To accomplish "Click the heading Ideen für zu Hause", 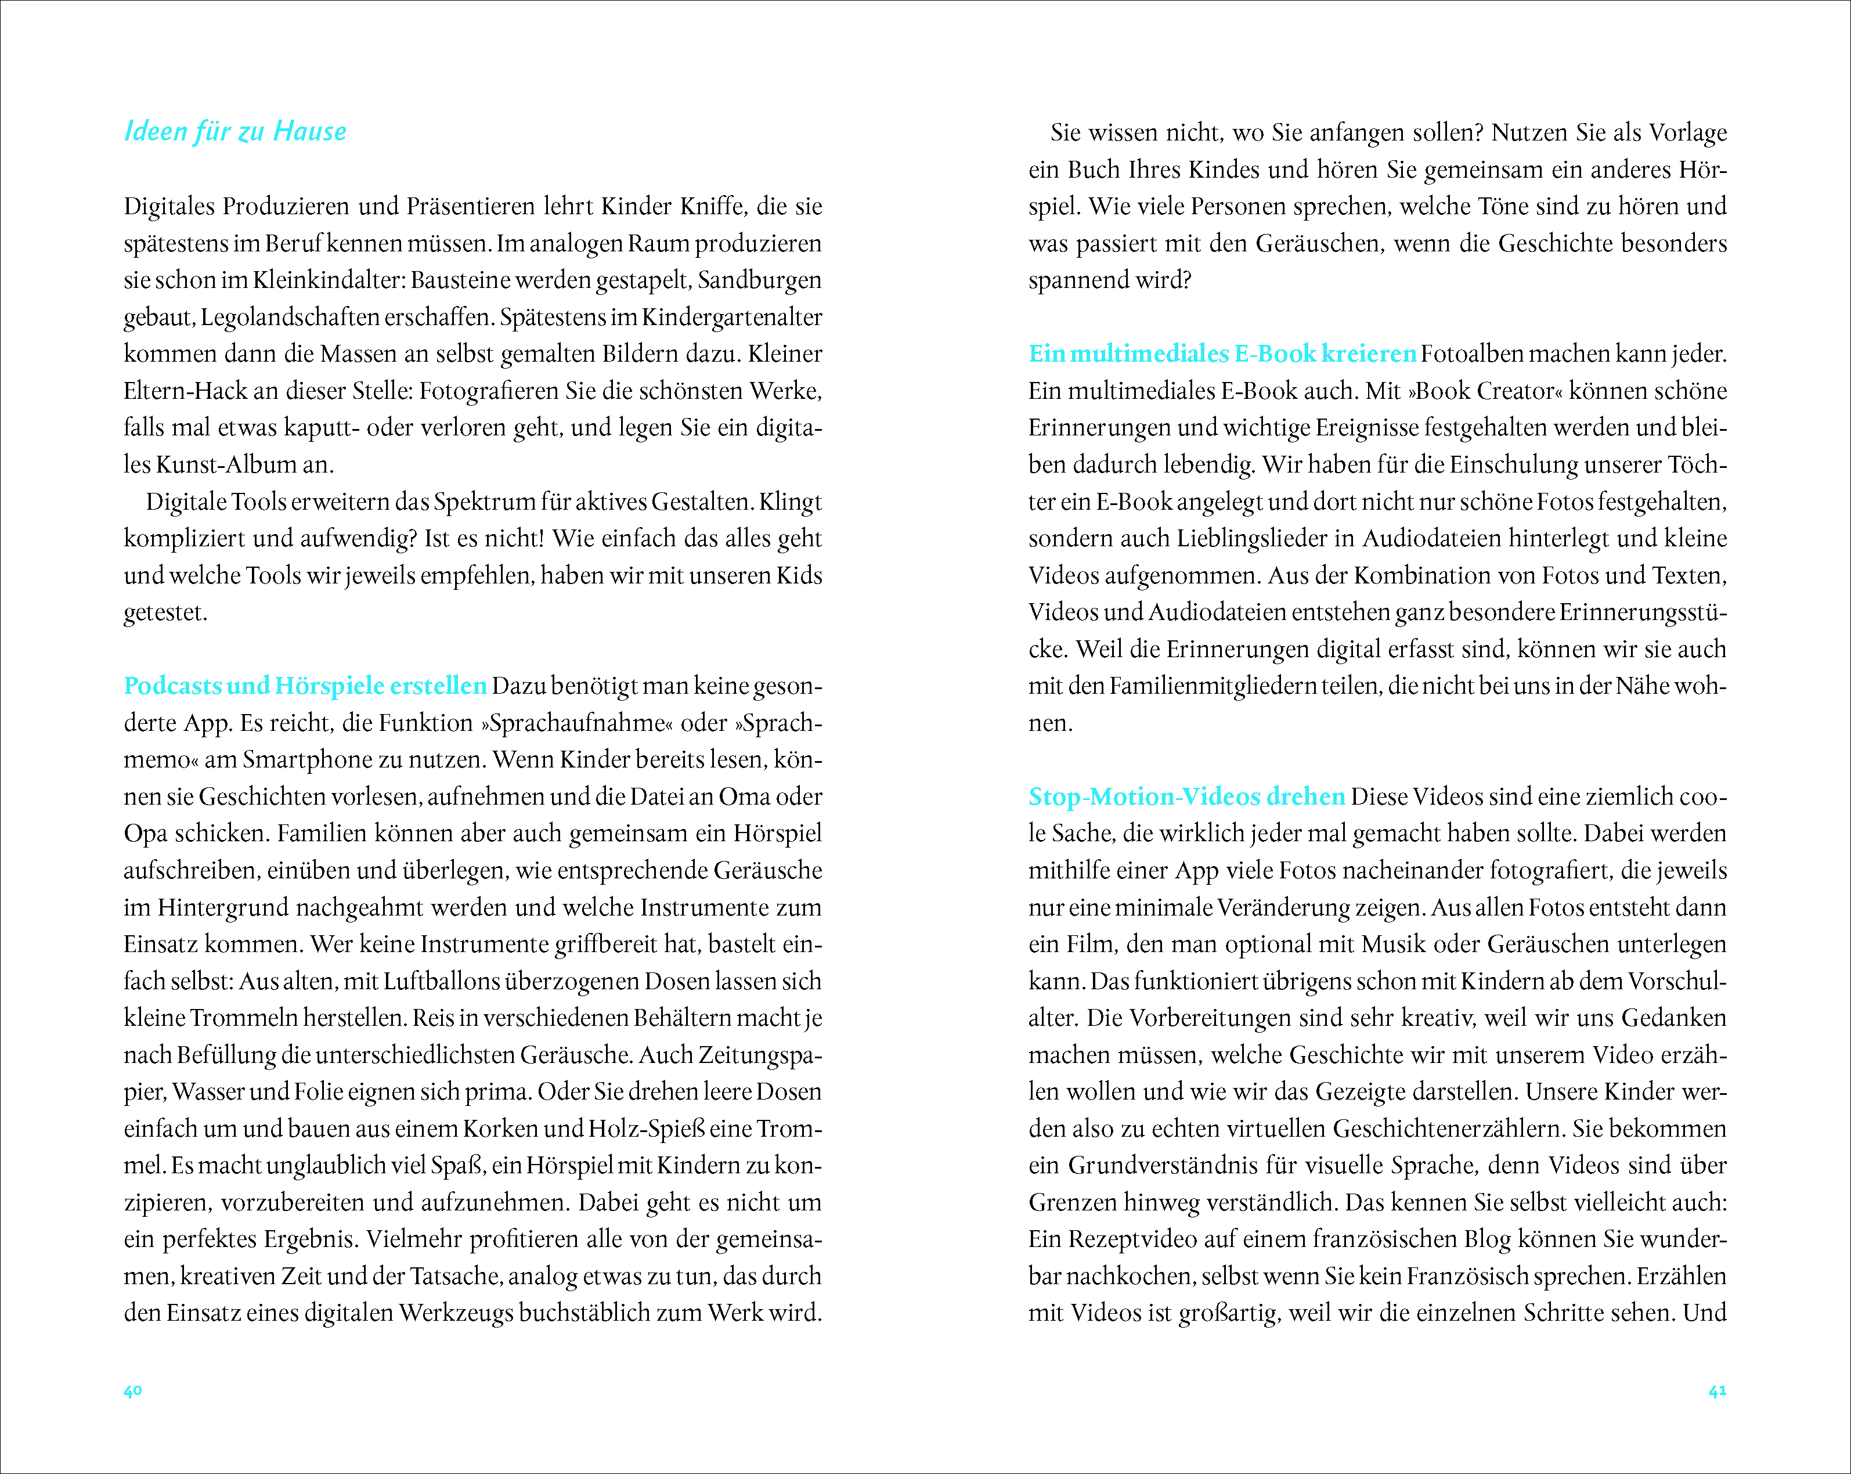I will (235, 131).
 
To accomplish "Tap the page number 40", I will (132, 1391).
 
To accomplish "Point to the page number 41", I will (1717, 1391).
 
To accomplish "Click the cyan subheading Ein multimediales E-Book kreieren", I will (1222, 354).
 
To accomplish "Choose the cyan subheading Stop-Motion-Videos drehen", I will (1186, 797).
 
